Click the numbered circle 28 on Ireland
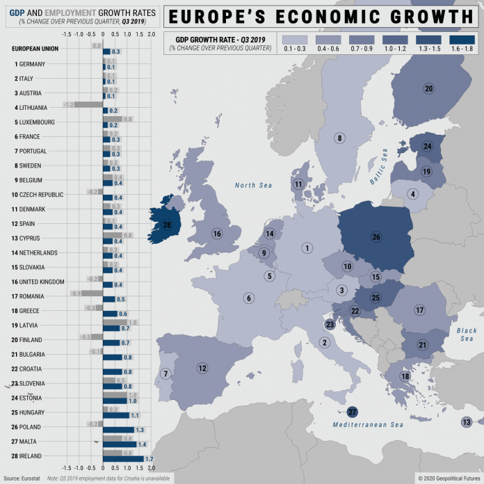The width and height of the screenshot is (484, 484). click(167, 225)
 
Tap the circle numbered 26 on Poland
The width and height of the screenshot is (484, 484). click(377, 237)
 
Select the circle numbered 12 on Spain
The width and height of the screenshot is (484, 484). click(202, 368)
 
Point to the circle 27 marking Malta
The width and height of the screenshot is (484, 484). click(352, 412)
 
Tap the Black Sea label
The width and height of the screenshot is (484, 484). click(466, 335)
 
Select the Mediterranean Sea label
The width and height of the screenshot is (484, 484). click(368, 425)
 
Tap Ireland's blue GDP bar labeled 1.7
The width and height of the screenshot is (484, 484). click(123, 459)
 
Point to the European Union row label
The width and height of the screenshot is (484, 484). click(35, 49)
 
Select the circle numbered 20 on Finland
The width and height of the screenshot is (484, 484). click(428, 88)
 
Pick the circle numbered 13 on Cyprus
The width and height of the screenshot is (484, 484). click(466, 422)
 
